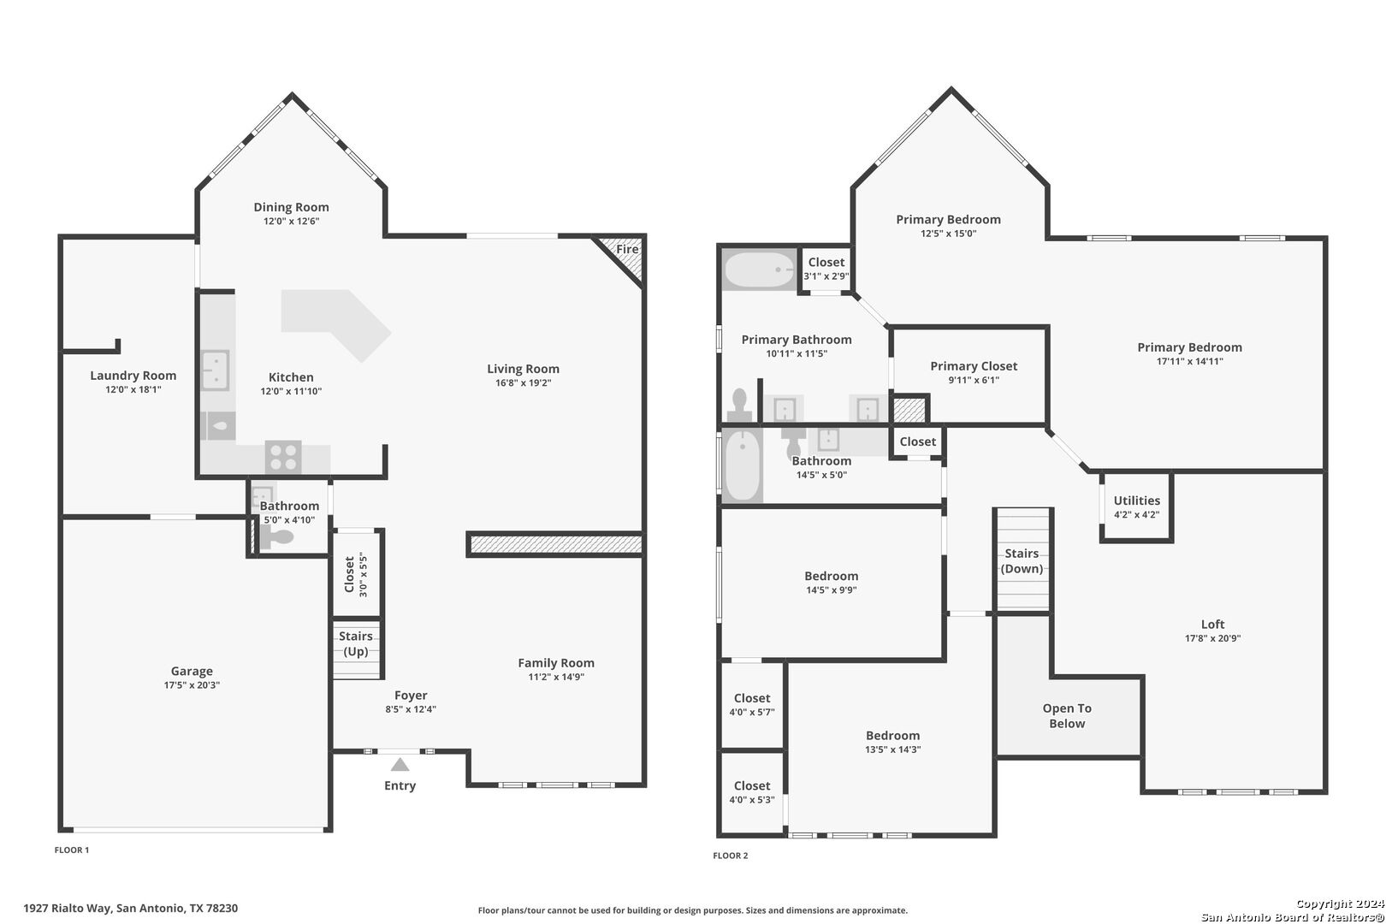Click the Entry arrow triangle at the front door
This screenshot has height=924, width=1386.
tap(400, 765)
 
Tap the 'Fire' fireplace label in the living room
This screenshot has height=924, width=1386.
tap(627, 249)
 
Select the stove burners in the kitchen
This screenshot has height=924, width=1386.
tap(283, 458)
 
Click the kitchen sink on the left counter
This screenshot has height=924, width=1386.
tap(216, 370)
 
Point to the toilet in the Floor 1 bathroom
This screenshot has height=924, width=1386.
tap(276, 538)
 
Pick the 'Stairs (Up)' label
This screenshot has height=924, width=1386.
tap(356, 643)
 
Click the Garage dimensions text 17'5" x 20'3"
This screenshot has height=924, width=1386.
tap(192, 685)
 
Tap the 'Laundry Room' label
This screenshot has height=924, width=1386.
tap(133, 375)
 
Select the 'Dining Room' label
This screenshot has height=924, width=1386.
tap(292, 207)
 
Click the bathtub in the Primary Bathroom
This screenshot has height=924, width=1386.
tap(759, 269)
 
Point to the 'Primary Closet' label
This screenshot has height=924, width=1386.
tap(974, 366)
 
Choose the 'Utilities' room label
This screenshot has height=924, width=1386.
tap(1137, 500)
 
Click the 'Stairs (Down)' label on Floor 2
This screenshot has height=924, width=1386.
tap(1022, 560)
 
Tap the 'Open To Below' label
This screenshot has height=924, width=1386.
tap(1068, 715)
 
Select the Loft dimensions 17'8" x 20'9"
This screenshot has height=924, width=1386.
tap(1213, 638)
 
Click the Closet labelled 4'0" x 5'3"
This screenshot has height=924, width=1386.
tap(752, 792)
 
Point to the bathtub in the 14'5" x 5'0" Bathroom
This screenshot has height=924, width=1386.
tap(743, 465)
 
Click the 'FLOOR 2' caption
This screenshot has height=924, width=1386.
tap(730, 856)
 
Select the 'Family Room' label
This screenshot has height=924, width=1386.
tap(556, 663)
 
